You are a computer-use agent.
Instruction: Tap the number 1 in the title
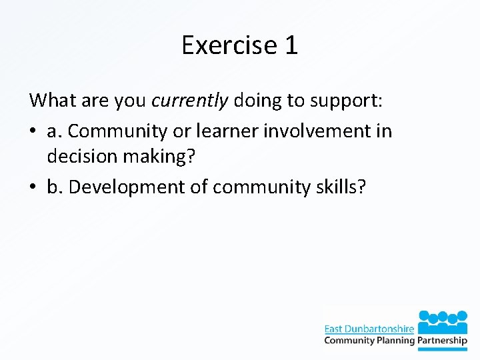coord(291,45)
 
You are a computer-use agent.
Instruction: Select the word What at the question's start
coord(52,100)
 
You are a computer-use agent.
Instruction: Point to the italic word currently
coord(190,101)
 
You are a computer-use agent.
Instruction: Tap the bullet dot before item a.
coord(33,131)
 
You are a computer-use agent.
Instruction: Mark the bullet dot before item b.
coord(33,187)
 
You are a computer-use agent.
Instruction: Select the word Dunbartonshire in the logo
coord(380,328)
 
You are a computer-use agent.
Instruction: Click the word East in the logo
coord(334,328)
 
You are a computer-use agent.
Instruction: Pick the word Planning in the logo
coord(393,341)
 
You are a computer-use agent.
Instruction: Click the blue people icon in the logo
coord(443,319)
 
